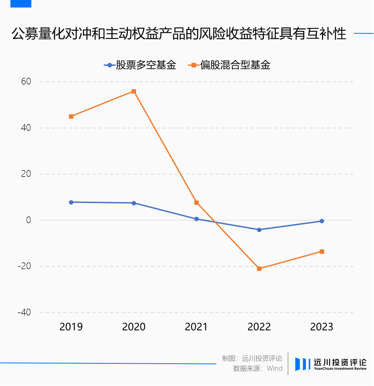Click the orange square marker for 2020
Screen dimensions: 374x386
134,92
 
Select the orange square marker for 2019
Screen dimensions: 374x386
71,117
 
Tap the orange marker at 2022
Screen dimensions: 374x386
259,269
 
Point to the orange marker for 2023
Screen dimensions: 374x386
322,251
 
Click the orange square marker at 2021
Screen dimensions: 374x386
196,203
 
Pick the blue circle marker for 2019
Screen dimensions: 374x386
71,202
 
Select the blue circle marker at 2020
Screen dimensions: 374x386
134,203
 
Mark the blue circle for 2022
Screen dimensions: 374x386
259,230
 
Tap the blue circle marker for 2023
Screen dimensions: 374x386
322,221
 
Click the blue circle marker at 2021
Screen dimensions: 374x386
196,219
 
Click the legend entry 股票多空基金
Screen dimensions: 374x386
140,65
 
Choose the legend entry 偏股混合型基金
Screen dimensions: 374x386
229,65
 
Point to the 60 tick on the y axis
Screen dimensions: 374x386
26,82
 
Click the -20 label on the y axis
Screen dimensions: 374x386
24,266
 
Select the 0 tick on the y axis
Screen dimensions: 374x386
29,220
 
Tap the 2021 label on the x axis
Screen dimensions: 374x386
196,327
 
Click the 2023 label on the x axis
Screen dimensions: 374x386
322,327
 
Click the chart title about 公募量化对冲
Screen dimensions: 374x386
179,34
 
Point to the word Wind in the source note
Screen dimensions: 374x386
275,368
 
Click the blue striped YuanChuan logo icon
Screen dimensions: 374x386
303,364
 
